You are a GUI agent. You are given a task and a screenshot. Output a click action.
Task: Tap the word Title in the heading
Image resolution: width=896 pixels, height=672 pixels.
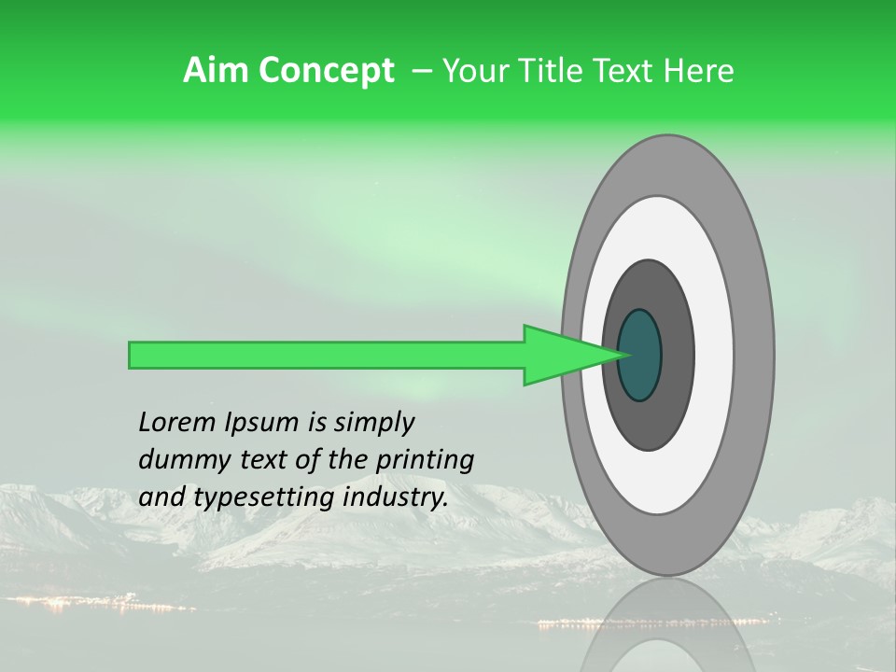[x=541, y=71]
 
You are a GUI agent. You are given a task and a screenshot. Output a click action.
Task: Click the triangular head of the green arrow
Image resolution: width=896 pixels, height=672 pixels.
[x=560, y=355]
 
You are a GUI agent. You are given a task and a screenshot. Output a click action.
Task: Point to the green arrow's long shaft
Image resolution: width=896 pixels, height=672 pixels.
[x=327, y=355]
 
